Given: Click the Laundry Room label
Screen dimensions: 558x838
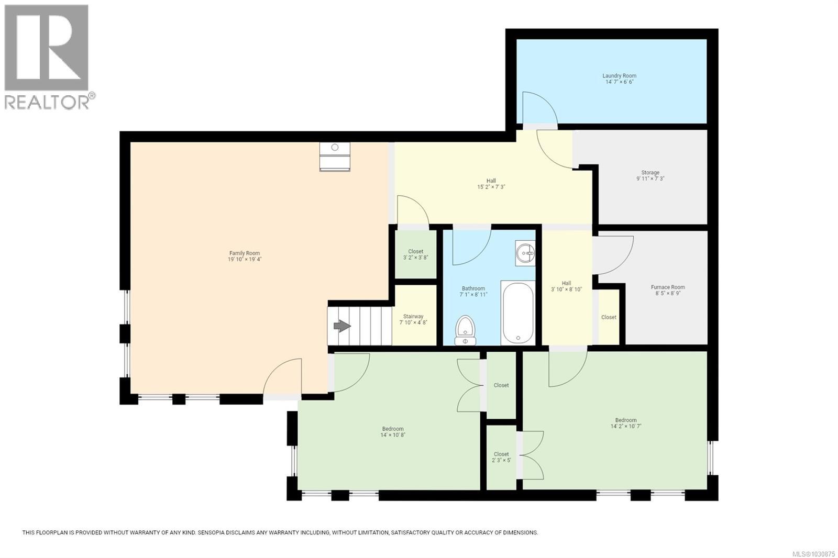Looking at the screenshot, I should pos(619,76).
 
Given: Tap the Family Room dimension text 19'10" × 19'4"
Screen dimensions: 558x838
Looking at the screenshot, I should pos(244,259).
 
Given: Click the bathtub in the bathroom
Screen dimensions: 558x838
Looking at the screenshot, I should pos(517,313).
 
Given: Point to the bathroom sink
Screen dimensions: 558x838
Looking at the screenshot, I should pos(525,253).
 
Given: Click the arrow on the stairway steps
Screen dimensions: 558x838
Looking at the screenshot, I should pos(342,326).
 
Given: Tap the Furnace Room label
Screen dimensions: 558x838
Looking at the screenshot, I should pos(667,287).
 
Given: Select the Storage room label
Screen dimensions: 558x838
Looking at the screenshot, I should pos(650,173).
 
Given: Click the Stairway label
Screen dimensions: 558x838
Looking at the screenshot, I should pos(413,316).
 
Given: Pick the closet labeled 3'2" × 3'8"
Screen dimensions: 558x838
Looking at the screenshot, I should pos(415,254).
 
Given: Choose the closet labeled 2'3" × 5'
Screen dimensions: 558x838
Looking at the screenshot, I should pos(501,457).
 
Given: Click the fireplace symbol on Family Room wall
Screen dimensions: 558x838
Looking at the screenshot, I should pos(335,157).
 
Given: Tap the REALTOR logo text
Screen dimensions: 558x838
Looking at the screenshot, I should pos(47,102).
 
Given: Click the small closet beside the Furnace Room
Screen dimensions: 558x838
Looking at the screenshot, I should pos(609,317).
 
